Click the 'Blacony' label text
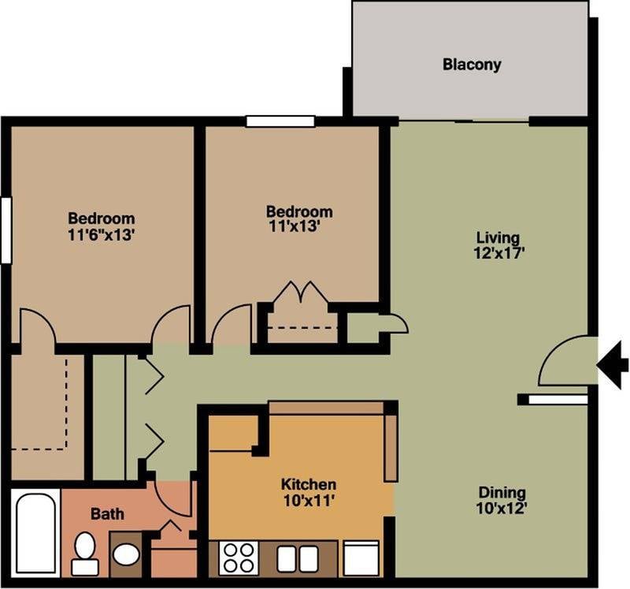(471, 65)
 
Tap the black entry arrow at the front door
(612, 363)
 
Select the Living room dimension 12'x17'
(497, 254)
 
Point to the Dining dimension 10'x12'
(502, 509)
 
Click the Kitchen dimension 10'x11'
(309, 500)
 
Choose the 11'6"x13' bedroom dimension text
(101, 234)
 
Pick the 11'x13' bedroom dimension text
(298, 227)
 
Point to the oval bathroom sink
(126, 554)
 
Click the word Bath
(107, 514)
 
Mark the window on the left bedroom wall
(6, 229)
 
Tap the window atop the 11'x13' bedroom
(280, 121)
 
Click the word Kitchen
(309, 484)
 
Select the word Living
(498, 237)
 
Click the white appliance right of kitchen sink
(361, 558)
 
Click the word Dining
(502, 493)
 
